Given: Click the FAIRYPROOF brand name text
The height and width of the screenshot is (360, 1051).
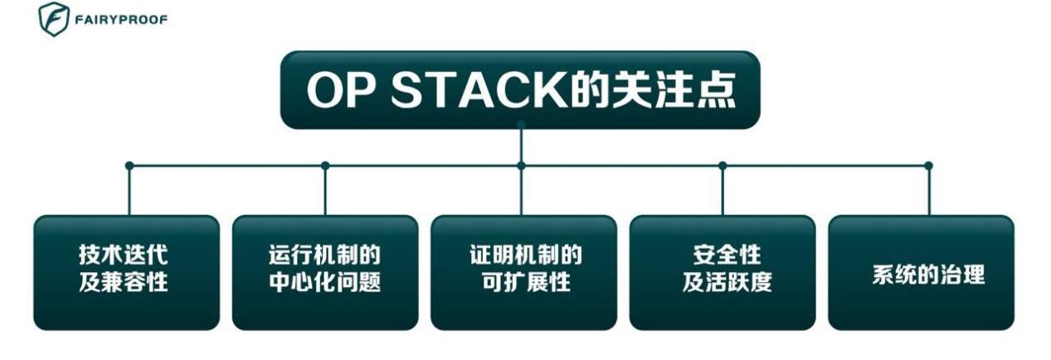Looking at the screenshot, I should pyautogui.click(x=121, y=20).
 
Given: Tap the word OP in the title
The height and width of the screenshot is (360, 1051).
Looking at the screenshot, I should pyautogui.click(x=339, y=91).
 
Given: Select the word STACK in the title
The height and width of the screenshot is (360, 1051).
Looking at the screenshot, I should pyautogui.click(x=475, y=91).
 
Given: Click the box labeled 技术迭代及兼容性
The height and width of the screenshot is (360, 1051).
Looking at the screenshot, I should pyautogui.click(x=126, y=273).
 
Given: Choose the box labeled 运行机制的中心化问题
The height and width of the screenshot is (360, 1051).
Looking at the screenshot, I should pyautogui.click(x=324, y=273).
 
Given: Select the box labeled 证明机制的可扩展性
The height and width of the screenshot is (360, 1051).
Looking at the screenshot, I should pyautogui.click(x=523, y=273).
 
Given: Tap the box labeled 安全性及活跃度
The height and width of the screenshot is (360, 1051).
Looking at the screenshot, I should pyautogui.click(x=722, y=273).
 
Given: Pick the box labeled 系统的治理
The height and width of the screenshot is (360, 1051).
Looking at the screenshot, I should pyautogui.click(x=921, y=273).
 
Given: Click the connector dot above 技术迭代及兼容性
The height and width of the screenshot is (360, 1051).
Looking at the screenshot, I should pyautogui.click(x=129, y=166).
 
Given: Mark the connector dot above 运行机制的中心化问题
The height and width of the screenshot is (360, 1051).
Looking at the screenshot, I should pyautogui.click(x=325, y=166).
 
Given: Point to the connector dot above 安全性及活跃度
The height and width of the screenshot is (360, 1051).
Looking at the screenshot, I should pyautogui.click(x=723, y=166).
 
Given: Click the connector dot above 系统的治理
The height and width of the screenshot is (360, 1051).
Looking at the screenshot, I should pyautogui.click(x=928, y=166).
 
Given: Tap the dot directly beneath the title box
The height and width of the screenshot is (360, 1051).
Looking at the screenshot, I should pyautogui.click(x=521, y=125).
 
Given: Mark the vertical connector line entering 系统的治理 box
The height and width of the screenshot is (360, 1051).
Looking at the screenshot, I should pyautogui.click(x=928, y=192).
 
